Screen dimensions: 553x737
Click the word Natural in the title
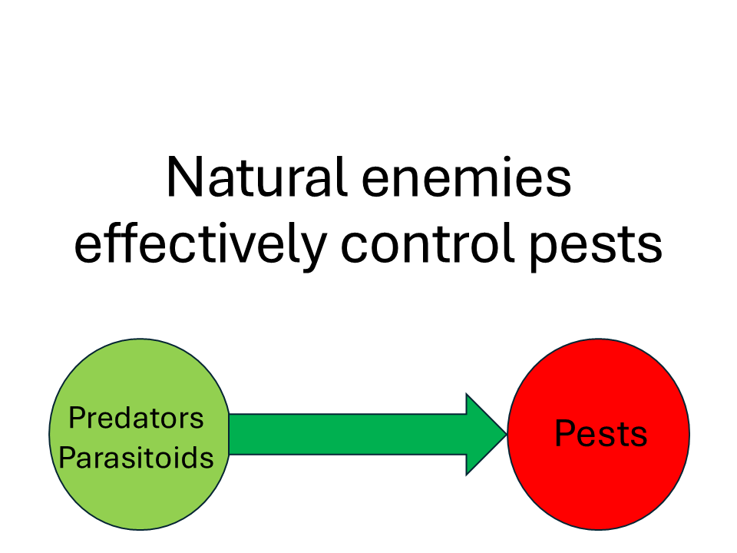coord(250,177)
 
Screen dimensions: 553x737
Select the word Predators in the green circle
coord(137,419)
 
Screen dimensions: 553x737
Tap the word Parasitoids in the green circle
coord(137,459)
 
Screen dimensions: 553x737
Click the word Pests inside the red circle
coord(600,434)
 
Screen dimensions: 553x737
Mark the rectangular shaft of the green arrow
coord(345,434)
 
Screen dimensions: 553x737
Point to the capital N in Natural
coord(182,177)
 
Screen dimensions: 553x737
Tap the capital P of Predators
coord(75,419)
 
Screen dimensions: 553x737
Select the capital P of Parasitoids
coord(66,459)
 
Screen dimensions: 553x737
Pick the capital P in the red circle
coord(563,434)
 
